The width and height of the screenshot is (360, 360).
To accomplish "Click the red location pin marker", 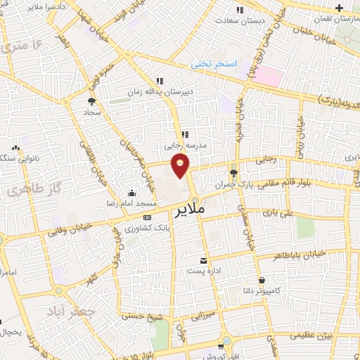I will pyautogui.click(x=181, y=166).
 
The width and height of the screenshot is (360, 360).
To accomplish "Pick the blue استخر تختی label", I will pyautogui.click(x=215, y=64).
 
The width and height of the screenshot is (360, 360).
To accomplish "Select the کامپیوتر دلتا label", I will pyautogui.click(x=278, y=290).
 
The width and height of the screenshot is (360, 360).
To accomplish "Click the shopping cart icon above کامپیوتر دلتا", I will pyautogui.click(x=262, y=279).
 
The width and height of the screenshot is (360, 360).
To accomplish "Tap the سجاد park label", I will pyautogui.click(x=92, y=112).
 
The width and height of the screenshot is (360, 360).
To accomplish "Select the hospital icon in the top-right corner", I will pyautogui.click(x=340, y=8).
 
